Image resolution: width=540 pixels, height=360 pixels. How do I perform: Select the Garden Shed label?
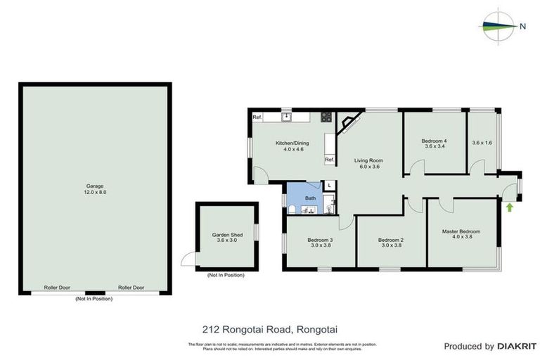226,235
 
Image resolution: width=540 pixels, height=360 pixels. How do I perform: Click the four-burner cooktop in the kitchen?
326,117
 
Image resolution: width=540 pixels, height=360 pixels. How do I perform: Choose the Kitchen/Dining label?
291,143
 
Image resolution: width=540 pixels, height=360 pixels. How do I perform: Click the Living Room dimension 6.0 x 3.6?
366,167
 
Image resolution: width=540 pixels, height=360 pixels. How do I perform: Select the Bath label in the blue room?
310,198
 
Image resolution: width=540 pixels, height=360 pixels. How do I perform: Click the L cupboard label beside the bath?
329,185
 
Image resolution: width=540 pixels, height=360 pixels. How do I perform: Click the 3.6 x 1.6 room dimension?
482,143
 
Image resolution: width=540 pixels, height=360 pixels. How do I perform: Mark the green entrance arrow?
508,207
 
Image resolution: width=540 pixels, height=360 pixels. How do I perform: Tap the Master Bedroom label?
461,231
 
